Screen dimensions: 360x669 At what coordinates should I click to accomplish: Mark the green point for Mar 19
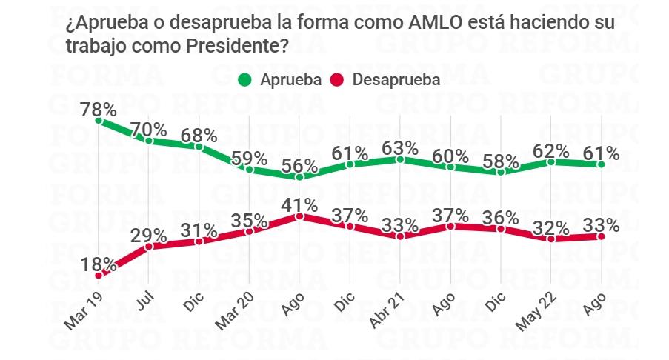click(99, 119)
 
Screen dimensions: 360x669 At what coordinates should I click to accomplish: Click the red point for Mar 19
click(99, 276)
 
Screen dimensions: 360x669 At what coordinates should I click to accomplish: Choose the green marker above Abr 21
click(400, 159)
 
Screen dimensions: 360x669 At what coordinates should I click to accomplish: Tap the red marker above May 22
click(550, 239)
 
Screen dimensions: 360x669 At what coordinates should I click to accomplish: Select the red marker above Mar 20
click(249, 231)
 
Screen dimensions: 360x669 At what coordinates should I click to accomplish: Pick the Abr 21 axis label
click(386, 313)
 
